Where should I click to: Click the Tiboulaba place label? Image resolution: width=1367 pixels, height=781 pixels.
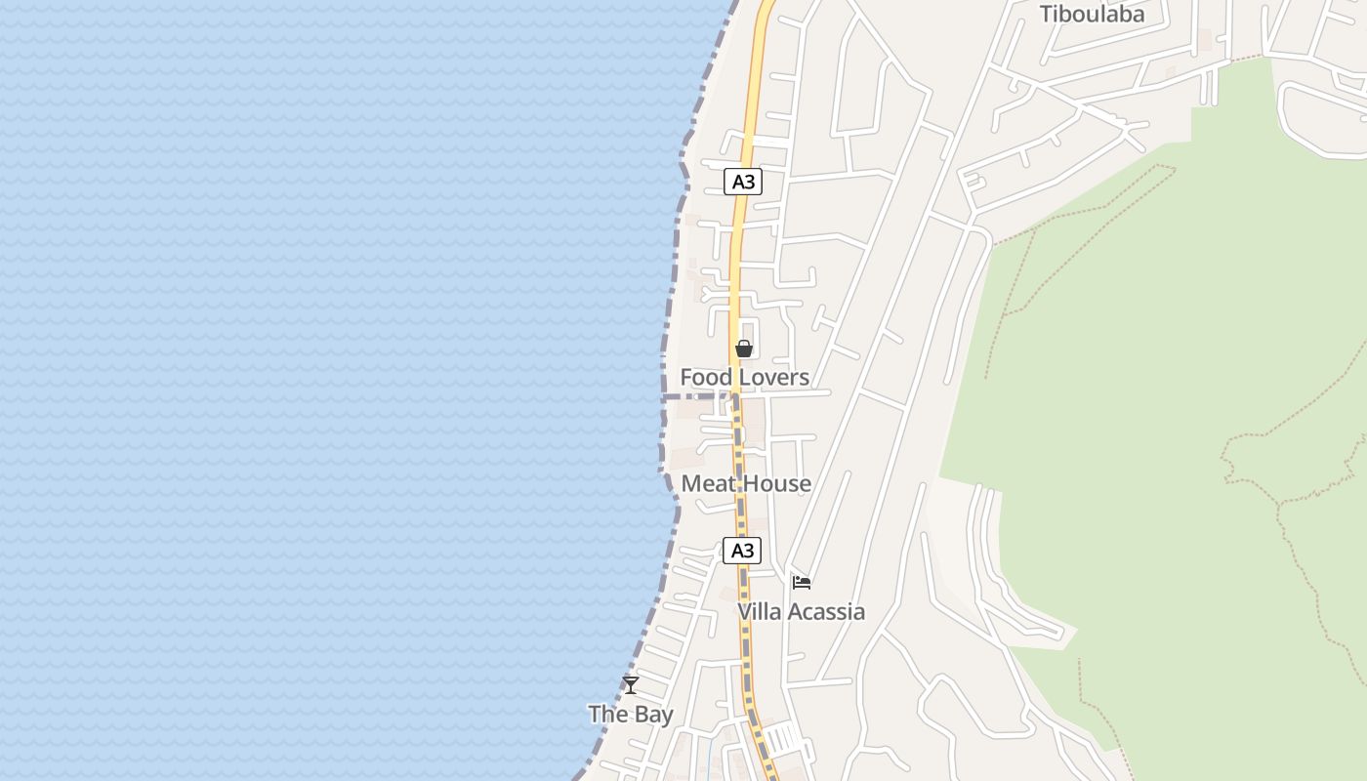(1092, 14)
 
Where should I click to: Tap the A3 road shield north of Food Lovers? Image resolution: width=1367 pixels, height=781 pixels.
(743, 182)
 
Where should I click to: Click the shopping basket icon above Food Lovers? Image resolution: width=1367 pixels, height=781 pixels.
(744, 349)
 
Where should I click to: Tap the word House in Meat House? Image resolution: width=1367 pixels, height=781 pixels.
(778, 483)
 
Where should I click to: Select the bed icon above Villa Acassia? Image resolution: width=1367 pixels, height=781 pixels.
(802, 583)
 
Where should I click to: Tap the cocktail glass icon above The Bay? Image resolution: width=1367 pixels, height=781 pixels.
(631, 685)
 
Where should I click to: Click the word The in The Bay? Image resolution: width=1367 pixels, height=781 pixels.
(607, 715)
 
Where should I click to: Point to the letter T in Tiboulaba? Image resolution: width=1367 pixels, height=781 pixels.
(1045, 14)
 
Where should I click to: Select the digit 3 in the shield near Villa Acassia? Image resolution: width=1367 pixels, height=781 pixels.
(750, 551)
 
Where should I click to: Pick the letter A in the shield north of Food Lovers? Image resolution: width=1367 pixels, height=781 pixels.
(738, 182)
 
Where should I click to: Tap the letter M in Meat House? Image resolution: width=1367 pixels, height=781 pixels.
(689, 483)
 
